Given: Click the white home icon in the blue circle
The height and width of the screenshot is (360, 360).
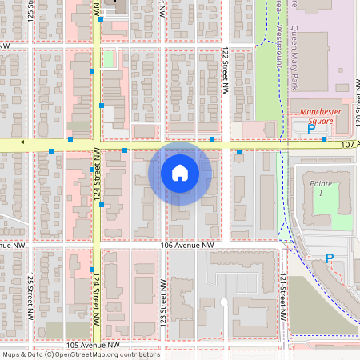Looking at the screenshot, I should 180,173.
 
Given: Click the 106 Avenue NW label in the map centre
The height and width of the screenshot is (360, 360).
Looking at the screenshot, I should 187,245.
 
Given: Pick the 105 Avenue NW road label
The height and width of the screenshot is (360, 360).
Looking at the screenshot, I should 92,345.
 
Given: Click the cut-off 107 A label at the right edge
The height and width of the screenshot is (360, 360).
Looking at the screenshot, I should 350,145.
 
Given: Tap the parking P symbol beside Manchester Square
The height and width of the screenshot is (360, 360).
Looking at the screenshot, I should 311,128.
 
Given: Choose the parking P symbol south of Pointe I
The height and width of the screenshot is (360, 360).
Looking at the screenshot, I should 329,258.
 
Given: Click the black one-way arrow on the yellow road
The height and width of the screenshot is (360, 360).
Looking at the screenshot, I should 26,142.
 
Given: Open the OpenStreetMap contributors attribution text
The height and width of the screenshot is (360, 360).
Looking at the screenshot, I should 80,354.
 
